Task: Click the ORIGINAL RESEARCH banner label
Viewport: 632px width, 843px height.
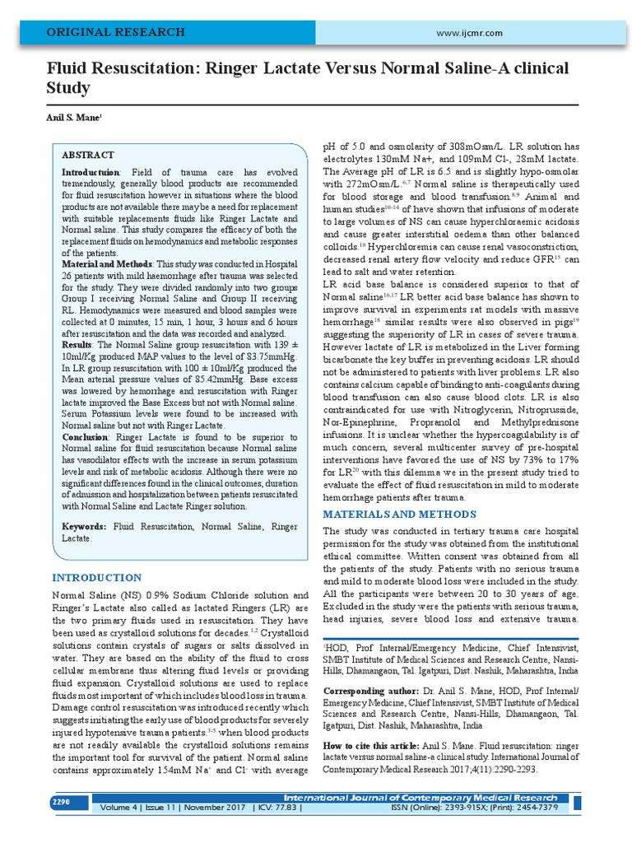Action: coord(114,32)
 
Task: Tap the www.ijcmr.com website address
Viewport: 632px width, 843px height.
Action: coord(471,32)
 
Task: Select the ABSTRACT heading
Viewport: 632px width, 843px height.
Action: coord(88,155)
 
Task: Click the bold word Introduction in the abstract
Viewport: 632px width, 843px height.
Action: coord(91,171)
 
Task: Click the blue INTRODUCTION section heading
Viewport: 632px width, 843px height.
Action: coord(96,577)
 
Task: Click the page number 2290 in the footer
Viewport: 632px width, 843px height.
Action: coord(62,801)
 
